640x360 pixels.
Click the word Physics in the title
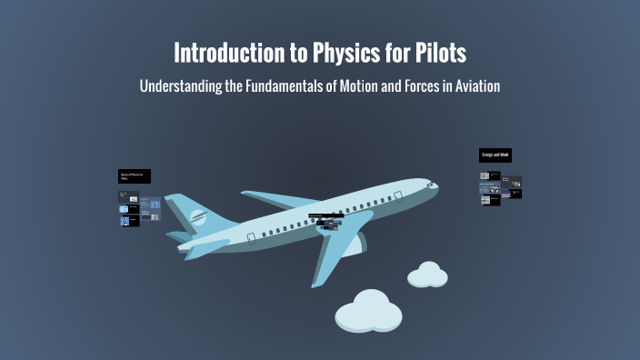(339, 53)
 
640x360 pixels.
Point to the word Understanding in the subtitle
(180, 86)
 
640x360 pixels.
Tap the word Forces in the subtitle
(420, 86)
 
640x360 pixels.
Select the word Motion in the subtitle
(362, 86)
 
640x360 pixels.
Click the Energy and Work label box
(495, 155)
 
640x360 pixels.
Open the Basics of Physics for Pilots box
(135, 175)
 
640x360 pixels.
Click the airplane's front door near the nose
(398, 195)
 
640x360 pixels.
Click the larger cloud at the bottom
(369, 310)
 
